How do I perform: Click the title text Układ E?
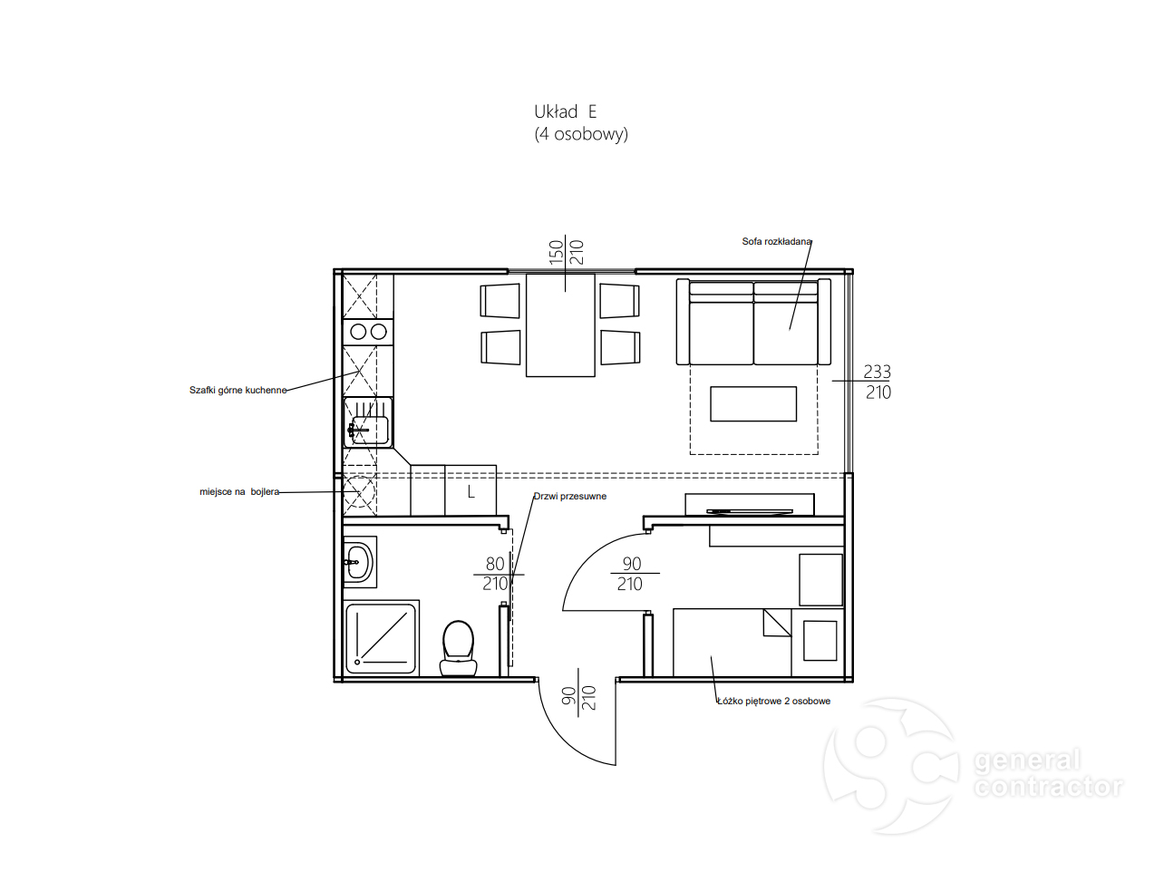tap(565, 111)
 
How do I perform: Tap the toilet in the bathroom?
tap(458, 648)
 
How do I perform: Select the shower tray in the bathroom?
tap(380, 638)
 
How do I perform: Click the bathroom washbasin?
tap(358, 562)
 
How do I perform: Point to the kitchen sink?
tap(368, 422)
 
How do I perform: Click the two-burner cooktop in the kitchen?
tap(368, 332)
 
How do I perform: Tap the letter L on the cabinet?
tap(471, 491)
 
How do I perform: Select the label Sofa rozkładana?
tap(777, 242)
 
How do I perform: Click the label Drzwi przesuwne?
tap(569, 496)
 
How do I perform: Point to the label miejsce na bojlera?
tap(239, 492)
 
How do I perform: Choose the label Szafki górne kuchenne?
tap(238, 391)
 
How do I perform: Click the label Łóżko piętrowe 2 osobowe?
tap(774, 701)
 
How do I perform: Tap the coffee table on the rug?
tap(753, 404)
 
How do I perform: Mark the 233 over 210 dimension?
tap(878, 382)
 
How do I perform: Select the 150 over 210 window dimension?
tap(566, 252)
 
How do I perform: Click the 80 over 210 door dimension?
tap(495, 574)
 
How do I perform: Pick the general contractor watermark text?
tap(1048, 773)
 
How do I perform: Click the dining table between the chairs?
tap(560, 325)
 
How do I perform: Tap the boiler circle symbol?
tap(359, 491)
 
